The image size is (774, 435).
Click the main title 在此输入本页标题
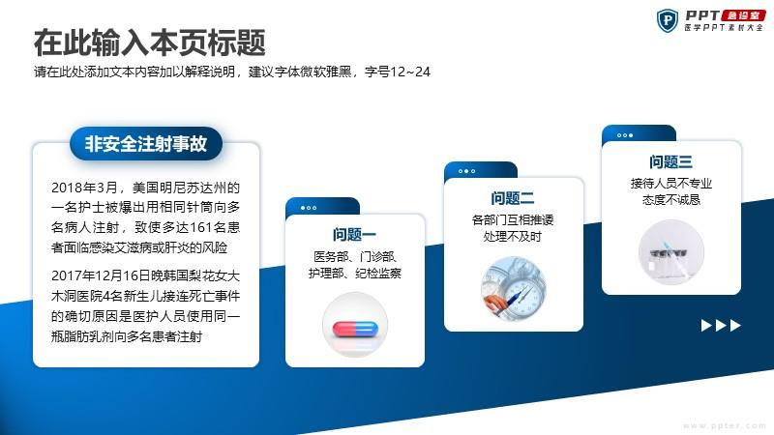click(x=150, y=43)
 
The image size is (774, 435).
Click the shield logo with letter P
click(x=668, y=20)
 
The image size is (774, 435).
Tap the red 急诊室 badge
click(x=743, y=15)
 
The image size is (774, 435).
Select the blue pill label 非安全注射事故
click(x=146, y=143)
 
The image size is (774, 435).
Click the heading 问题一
click(x=354, y=234)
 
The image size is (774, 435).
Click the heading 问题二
click(x=513, y=198)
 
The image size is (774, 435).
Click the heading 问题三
click(x=670, y=161)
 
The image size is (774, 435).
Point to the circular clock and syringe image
click(x=514, y=288)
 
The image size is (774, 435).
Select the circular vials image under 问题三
click(x=671, y=252)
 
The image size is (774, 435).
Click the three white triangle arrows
click(x=721, y=326)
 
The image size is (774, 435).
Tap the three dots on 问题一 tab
click(x=309, y=208)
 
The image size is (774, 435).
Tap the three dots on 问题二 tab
click(x=467, y=171)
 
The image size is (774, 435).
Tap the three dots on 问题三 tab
click(x=625, y=135)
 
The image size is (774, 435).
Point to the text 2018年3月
click(x=84, y=188)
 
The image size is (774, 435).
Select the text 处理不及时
click(x=513, y=237)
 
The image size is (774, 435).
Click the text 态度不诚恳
click(x=671, y=200)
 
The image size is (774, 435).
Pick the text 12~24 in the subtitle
click(x=409, y=72)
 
